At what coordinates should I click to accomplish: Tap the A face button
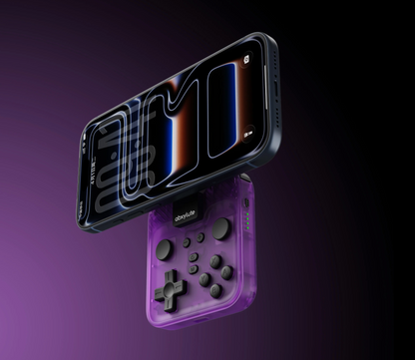pos(227,272)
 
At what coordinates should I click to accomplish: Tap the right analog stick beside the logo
pos(220,228)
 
